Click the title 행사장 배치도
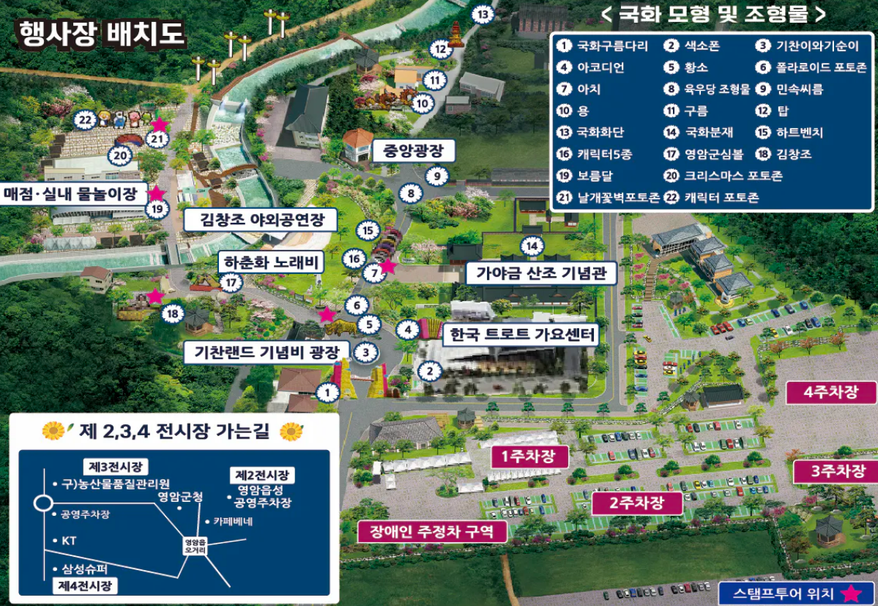click(100, 34)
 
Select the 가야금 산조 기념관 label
click(541, 274)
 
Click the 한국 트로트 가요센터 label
click(521, 335)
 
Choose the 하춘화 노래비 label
click(270, 262)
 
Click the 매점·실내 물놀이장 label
click(70, 194)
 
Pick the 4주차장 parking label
click(830, 392)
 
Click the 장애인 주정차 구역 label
click(431, 531)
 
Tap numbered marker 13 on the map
click(483, 14)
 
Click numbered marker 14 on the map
click(532, 245)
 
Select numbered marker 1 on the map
click(327, 393)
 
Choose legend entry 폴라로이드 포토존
click(820, 67)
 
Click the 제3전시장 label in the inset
click(115, 466)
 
